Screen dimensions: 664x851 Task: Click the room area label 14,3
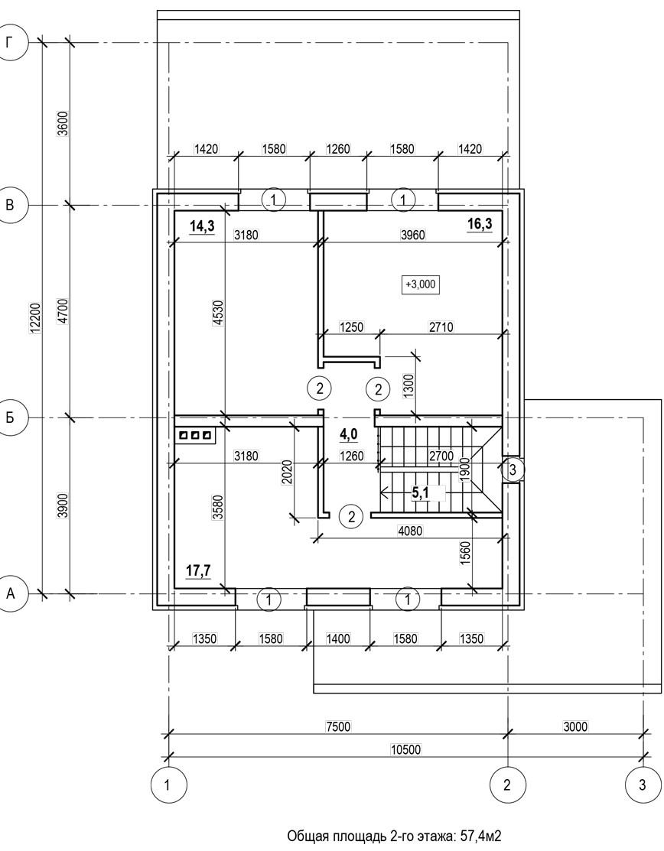pyautogui.click(x=202, y=226)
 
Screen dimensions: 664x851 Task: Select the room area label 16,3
pyautogui.click(x=480, y=223)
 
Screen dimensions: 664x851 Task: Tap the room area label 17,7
pyautogui.click(x=198, y=570)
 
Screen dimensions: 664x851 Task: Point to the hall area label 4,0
pyautogui.click(x=349, y=434)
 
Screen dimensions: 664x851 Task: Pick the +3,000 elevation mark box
pyautogui.click(x=421, y=284)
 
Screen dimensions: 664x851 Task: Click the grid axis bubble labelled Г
pyautogui.click(x=10, y=42)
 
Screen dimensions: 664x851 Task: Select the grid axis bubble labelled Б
pyautogui.click(x=10, y=418)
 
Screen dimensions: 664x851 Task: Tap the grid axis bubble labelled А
pyautogui.click(x=10, y=594)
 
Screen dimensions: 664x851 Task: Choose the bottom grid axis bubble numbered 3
pyautogui.click(x=643, y=784)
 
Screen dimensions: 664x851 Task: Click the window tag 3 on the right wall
pyautogui.click(x=513, y=469)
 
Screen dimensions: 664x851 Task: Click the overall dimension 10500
pyautogui.click(x=406, y=749)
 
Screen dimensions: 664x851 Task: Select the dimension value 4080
pyautogui.click(x=410, y=531)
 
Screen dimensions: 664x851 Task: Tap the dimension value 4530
pyautogui.click(x=218, y=313)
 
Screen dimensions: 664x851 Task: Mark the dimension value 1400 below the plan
pyautogui.click(x=337, y=638)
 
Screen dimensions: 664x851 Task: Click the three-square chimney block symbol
pyautogui.click(x=194, y=435)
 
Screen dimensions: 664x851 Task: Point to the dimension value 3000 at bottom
pyautogui.click(x=575, y=726)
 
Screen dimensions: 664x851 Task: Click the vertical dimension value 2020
pyautogui.click(x=287, y=472)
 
